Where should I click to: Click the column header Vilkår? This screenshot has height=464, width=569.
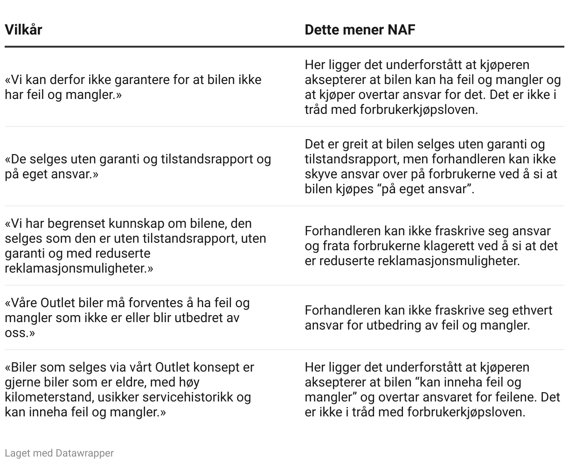tap(23, 30)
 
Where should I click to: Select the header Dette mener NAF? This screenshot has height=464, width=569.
tap(360, 30)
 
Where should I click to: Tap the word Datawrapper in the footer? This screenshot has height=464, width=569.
tap(84, 453)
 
